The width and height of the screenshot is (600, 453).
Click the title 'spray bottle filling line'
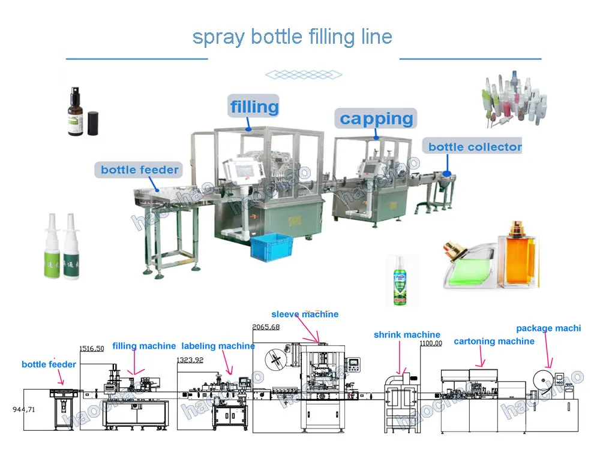tap(292, 37)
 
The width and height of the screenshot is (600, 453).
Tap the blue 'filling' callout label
tap(254, 107)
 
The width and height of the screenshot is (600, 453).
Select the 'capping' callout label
tap(376, 119)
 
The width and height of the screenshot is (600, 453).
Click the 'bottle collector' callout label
tap(474, 147)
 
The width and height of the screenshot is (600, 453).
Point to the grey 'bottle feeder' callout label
tap(139, 170)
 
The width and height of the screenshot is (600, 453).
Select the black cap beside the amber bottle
tap(93, 122)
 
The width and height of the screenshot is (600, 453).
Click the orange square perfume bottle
tap(518, 254)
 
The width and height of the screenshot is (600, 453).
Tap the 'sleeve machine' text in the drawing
tap(305, 314)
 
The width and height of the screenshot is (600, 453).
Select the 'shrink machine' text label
tap(407, 335)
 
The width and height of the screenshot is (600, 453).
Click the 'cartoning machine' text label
tap(494, 342)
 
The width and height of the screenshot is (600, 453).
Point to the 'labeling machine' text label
tap(218, 346)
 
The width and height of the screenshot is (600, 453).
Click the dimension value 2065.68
tap(266, 327)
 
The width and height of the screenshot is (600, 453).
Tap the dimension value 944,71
tap(25, 409)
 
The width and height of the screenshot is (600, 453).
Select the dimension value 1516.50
tap(92, 348)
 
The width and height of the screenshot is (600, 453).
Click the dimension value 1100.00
tap(431, 343)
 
